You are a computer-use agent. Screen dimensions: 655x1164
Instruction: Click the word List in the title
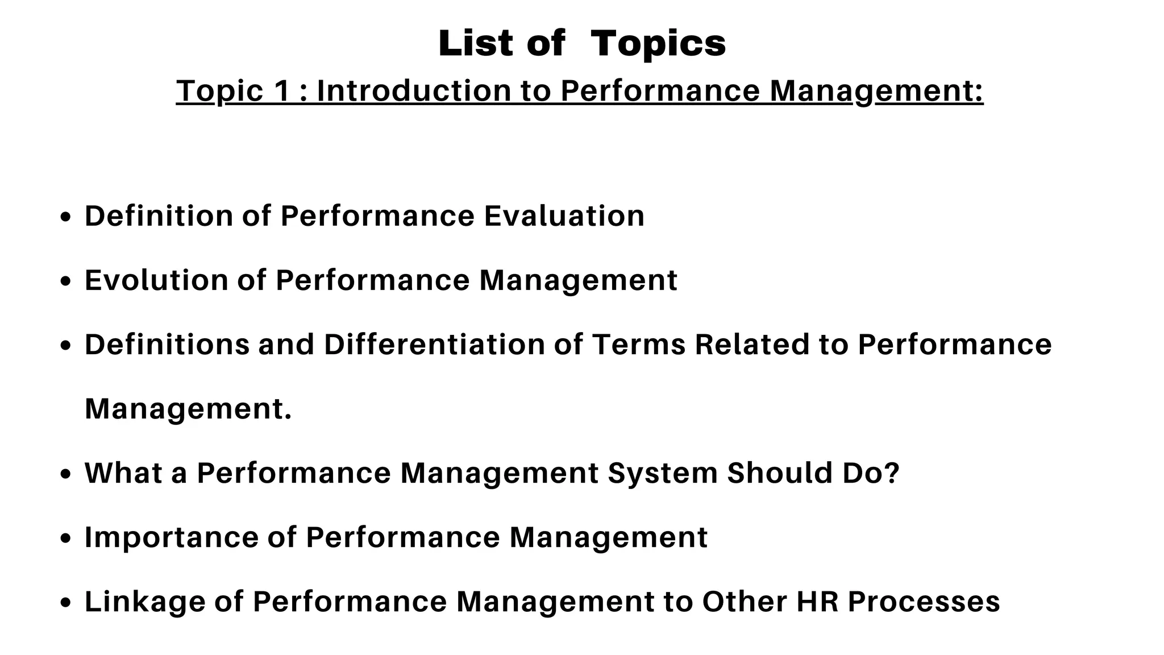point(476,43)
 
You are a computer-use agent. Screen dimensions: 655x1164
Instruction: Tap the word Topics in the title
point(658,43)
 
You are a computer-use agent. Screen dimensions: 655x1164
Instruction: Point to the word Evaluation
point(564,216)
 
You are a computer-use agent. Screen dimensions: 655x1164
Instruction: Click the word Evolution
point(156,280)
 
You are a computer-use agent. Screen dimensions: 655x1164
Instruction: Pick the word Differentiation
point(435,345)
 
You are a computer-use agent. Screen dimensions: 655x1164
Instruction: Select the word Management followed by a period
point(188,409)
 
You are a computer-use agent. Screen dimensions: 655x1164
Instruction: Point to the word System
point(663,473)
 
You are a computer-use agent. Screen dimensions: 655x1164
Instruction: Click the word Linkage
point(144,602)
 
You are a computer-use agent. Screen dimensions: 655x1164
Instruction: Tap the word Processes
point(924,602)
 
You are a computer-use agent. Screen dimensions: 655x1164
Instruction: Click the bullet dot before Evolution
point(66,281)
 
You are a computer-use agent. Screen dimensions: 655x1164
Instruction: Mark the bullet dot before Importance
point(66,538)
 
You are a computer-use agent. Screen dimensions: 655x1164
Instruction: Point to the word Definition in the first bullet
point(159,216)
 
